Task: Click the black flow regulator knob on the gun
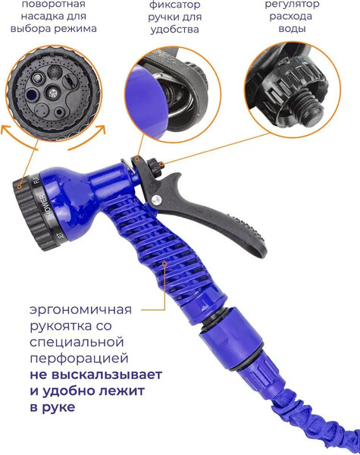point(154,167)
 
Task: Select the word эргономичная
point(80,310)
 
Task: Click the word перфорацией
point(79,359)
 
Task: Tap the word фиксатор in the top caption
point(174,5)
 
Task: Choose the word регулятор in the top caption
point(292,5)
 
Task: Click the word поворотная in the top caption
point(54,4)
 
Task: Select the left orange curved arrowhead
point(5,130)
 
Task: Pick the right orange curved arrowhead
point(101,129)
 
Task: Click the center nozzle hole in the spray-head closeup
point(53,93)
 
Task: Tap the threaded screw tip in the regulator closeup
point(311,107)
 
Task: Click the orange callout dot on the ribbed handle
point(164,264)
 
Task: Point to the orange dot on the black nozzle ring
point(19,187)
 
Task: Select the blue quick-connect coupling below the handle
point(231,338)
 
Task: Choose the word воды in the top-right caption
point(292,29)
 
